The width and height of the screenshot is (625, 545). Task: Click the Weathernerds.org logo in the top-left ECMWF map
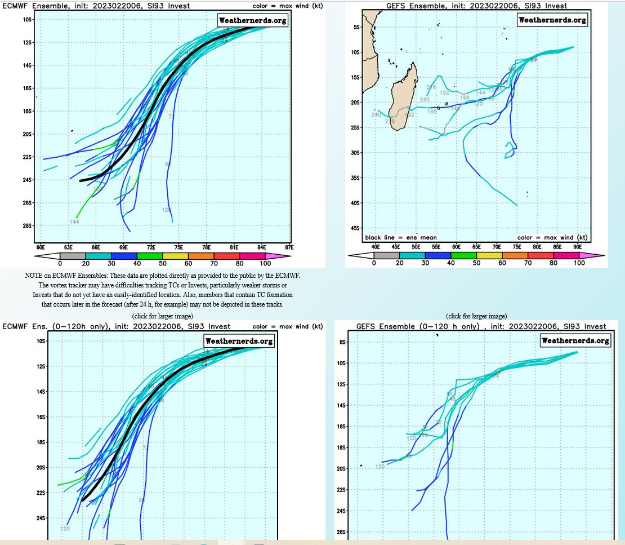click(252, 20)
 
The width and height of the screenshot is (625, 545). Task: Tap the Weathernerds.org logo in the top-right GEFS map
click(552, 20)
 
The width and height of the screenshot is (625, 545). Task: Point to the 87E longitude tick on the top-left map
click(289, 247)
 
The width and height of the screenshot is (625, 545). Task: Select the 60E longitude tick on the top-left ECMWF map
click(40, 247)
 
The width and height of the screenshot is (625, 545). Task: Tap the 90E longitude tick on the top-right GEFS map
click(578, 247)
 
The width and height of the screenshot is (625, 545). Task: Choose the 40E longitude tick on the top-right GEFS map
click(375, 247)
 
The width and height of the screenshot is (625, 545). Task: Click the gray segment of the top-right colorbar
click(386, 255)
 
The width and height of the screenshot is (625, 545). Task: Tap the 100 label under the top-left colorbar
click(265, 263)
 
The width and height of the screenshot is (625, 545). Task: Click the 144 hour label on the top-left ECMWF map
click(74, 222)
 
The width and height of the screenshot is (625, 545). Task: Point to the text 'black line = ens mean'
click(401, 237)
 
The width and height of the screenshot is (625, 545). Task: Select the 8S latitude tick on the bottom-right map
click(342, 342)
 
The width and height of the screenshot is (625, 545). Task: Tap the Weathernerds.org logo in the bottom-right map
click(575, 341)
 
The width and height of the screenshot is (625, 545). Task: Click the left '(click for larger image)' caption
click(163, 316)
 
